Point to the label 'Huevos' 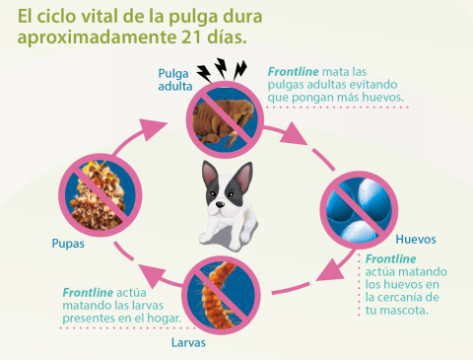point(414,239)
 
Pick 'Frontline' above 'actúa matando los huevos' point(391,257)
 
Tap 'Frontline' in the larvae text point(90,293)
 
